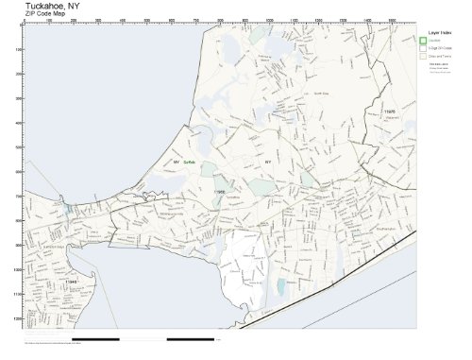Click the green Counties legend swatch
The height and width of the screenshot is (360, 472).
tap(423, 40)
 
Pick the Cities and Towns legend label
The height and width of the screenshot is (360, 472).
tap(441, 56)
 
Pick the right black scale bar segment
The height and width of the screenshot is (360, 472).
tap(193, 338)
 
